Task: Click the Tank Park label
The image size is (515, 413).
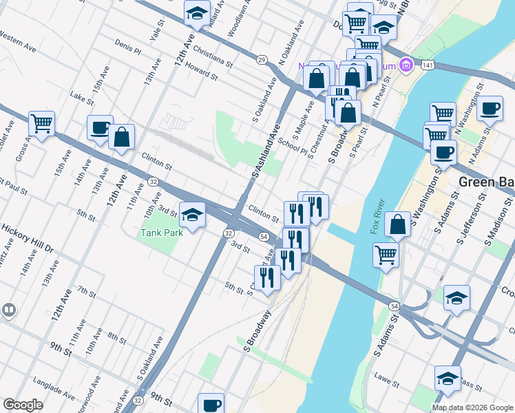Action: [x=160, y=233]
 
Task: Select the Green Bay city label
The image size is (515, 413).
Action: [x=486, y=181]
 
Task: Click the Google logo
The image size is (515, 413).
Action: [x=23, y=405]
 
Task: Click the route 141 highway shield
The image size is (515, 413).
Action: [x=428, y=64]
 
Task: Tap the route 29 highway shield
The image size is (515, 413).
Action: [x=262, y=61]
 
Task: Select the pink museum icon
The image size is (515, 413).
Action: [x=406, y=65]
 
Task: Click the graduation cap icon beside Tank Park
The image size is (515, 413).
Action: [x=193, y=214]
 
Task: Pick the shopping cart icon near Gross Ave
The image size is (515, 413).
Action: [x=41, y=124]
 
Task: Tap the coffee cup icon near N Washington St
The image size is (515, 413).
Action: [x=490, y=108]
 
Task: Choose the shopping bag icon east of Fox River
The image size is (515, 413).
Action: [x=398, y=224]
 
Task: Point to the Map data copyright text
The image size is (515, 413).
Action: [x=473, y=407]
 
